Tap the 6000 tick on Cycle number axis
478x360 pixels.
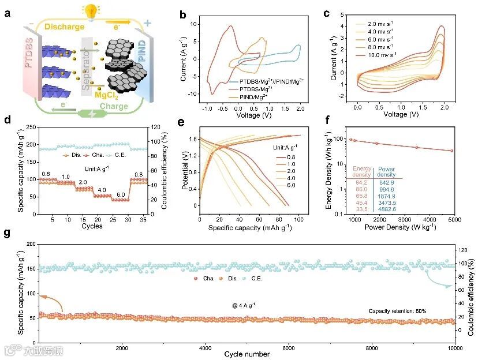point(289,348)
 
